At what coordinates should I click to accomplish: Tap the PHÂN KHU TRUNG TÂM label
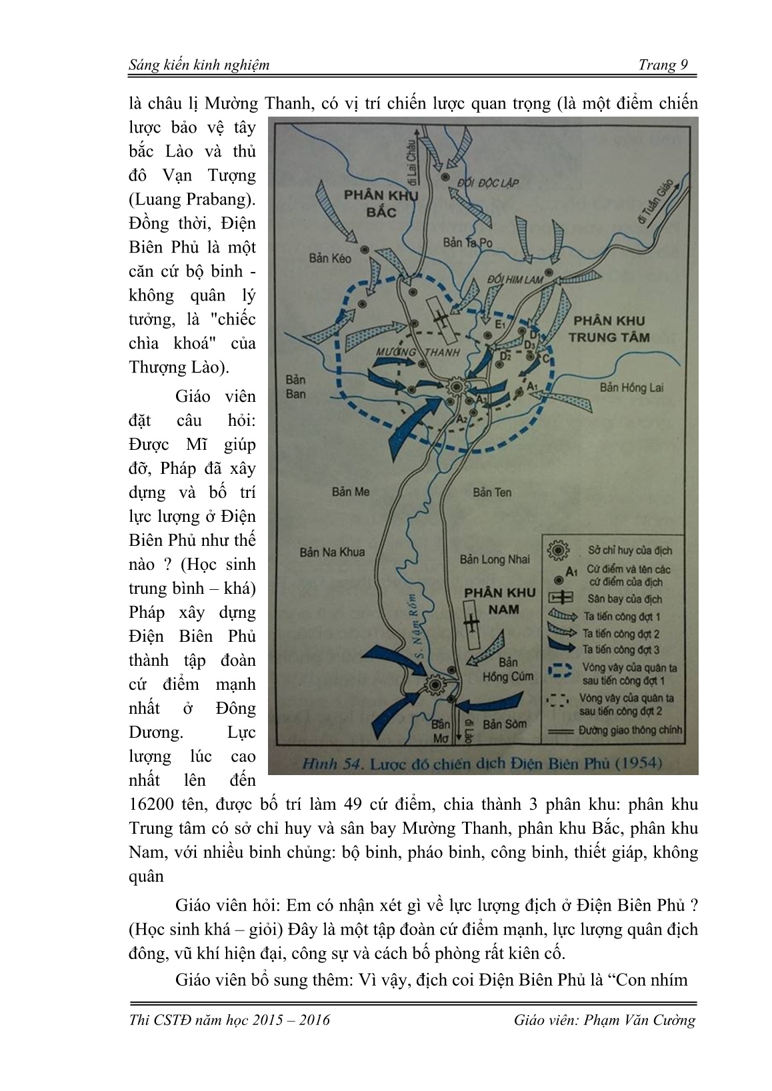pos(609,329)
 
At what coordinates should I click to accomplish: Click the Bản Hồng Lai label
pos(631,387)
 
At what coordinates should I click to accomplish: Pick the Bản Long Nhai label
pos(494,559)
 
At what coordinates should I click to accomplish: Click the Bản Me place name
pos(350,492)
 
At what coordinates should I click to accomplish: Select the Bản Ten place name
pos(492,492)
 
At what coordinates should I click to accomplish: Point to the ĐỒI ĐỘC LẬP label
pos(487,183)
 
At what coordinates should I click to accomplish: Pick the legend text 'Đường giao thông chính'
pos(630,730)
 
